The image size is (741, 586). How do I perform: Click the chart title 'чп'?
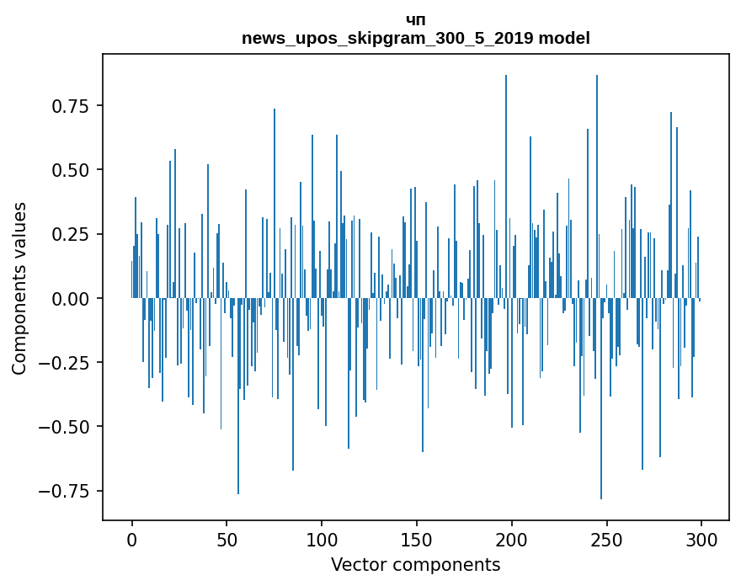(x=416, y=20)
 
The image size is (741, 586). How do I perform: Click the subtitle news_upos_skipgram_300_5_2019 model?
(x=416, y=38)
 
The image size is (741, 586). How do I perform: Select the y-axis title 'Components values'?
(x=19, y=288)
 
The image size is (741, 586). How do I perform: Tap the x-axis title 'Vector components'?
(x=416, y=565)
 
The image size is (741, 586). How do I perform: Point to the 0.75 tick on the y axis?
(x=70, y=106)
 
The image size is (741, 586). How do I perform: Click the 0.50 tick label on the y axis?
(x=70, y=170)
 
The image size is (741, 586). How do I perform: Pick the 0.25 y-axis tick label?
(x=70, y=234)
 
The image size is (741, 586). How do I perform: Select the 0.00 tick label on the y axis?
(x=70, y=298)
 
